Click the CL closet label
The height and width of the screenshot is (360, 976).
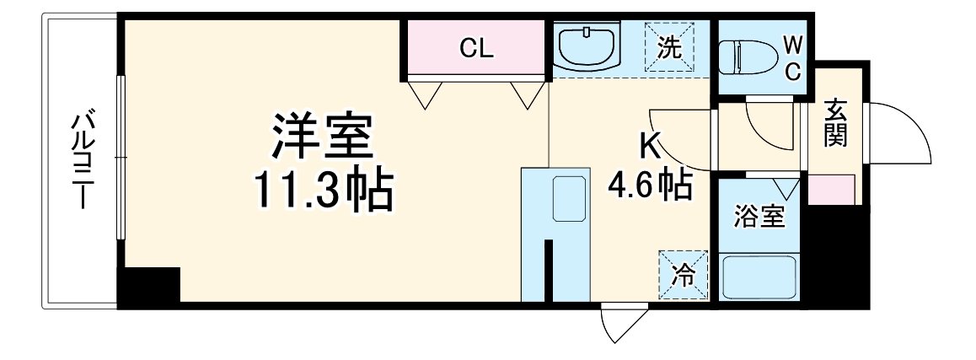pos(476,48)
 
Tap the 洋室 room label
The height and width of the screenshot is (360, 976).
pos(321,140)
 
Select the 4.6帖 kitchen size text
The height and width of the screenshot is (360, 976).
pos(650,185)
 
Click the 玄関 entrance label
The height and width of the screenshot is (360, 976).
pos(835,123)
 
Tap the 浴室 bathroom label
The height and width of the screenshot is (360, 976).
pos(759,217)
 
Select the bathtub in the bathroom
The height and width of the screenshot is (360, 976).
pos(759,276)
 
